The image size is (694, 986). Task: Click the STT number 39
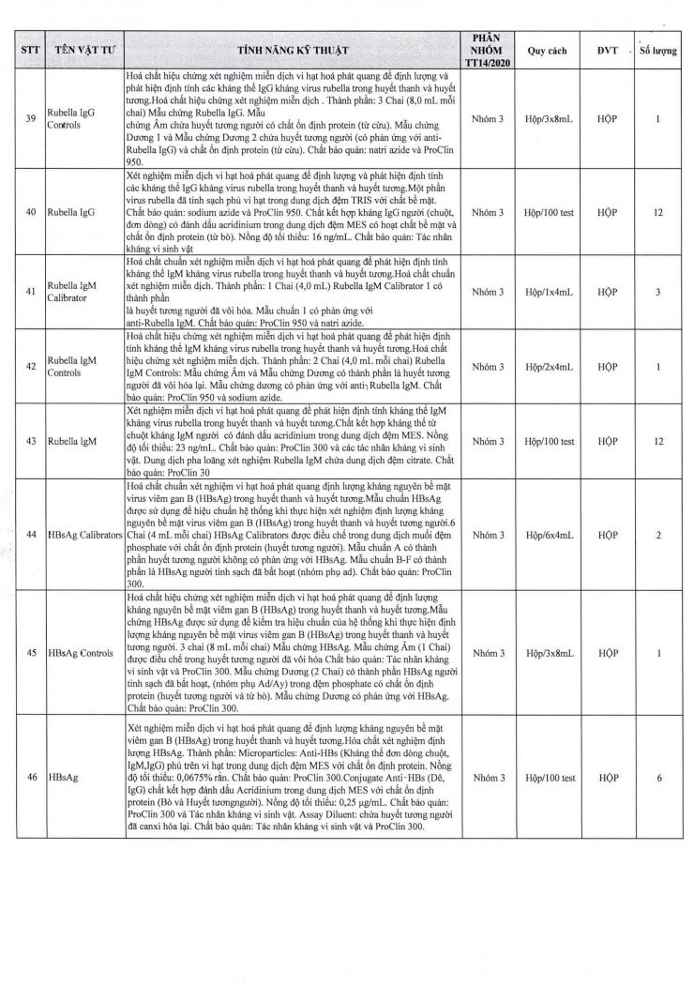(x=31, y=119)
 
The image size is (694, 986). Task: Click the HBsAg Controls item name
(x=83, y=652)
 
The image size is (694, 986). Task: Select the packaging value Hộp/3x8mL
(x=548, y=119)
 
